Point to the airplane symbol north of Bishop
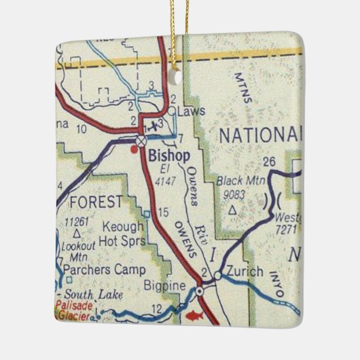tap(155, 125)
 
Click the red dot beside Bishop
tap(133, 149)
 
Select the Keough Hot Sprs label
tap(122, 233)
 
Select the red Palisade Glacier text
tap(73, 310)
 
